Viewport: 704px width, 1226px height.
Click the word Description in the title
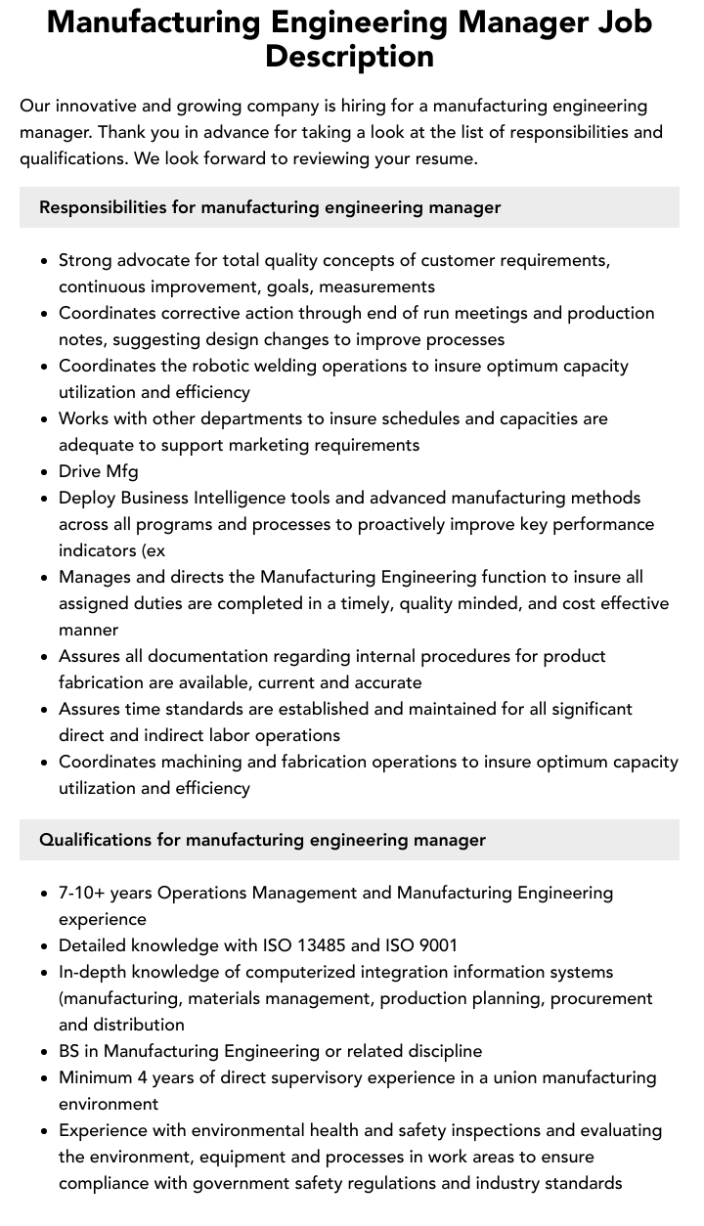[x=349, y=56]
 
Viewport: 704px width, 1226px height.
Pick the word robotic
[x=226, y=366]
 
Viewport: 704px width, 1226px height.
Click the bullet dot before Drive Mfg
[x=45, y=472]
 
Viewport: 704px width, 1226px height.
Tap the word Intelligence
[x=219, y=498]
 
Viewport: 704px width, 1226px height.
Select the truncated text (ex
[x=152, y=550]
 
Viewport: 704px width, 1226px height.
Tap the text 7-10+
[x=82, y=893]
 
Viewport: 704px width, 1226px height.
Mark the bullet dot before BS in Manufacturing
[x=45, y=1052]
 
